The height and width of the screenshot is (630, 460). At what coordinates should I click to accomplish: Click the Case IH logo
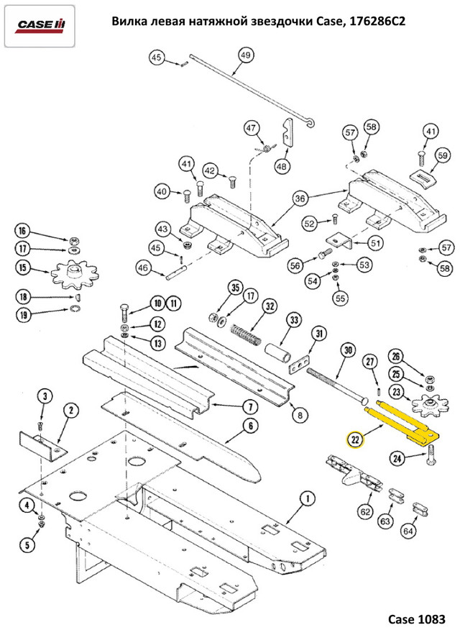tap(41, 26)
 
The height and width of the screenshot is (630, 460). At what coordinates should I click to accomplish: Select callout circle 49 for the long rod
tap(244, 56)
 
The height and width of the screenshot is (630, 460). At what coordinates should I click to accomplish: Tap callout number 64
tap(408, 531)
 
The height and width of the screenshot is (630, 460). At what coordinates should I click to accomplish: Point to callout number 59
tap(442, 155)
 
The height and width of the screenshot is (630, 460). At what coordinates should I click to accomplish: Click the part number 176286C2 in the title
tap(374, 22)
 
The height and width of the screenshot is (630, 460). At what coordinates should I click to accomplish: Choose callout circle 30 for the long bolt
tap(347, 350)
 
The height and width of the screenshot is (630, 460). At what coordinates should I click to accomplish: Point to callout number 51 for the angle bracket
tap(375, 243)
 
